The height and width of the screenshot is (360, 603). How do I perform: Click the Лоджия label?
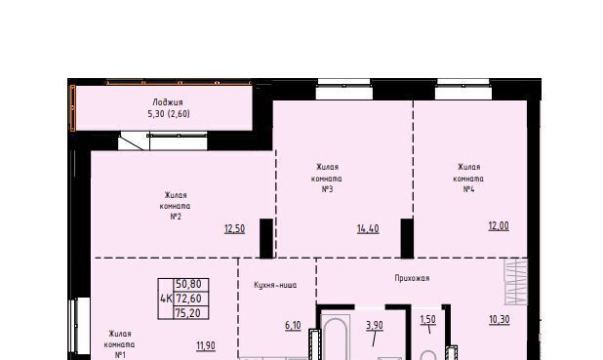tap(168, 102)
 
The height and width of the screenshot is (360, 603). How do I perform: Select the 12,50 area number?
tap(234, 229)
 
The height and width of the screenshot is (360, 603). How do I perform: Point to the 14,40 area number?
tap(368, 229)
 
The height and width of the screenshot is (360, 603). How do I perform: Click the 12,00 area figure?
tap(499, 225)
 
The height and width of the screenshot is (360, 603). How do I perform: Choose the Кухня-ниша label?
tap(275, 286)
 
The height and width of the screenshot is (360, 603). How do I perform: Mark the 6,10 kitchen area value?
tap(293, 326)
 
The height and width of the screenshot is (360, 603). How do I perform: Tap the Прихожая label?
tap(412, 278)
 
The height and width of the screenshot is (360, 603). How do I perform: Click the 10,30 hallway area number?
tap(500, 320)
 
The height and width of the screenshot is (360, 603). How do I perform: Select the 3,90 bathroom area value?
tap(375, 326)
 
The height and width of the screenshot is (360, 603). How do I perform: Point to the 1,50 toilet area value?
tap(428, 320)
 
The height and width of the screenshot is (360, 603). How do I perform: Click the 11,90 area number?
tap(206, 345)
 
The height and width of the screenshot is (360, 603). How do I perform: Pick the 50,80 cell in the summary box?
tap(188, 284)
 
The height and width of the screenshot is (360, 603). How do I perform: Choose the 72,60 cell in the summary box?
tap(188, 299)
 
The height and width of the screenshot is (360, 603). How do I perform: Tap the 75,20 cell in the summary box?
tap(188, 313)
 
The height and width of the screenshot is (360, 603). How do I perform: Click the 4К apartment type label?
tap(166, 299)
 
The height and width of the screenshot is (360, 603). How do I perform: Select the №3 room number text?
tap(327, 189)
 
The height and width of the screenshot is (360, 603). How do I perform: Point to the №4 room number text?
tap(468, 189)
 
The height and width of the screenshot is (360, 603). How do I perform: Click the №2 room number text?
tap(176, 217)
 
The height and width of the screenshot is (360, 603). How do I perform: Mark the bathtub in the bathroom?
tap(336, 338)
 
